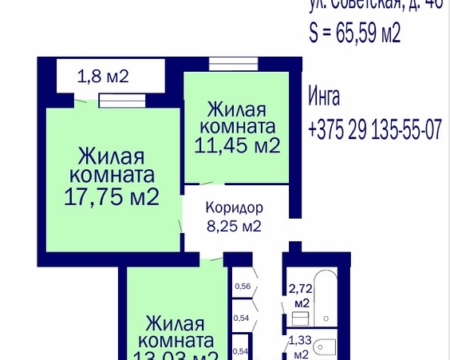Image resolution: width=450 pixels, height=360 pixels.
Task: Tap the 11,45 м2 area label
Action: click(237, 145)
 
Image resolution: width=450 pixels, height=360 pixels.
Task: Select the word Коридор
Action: click(234, 208)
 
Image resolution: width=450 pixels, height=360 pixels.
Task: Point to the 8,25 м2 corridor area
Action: click(234, 226)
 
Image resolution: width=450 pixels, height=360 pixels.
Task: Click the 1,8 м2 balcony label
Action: click(103, 77)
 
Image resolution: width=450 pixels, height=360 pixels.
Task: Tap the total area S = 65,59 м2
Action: click(354, 33)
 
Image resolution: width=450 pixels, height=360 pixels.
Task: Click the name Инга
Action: click(324, 97)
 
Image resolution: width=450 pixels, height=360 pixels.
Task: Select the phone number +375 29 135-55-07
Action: click(373, 130)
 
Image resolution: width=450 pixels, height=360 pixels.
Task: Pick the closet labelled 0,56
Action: click(242, 287)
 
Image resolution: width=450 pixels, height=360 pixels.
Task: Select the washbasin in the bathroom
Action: click(300, 318)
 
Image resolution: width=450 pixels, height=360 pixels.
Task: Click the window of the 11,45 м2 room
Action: click(233, 63)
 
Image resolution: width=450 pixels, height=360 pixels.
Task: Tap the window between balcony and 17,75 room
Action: click(122, 101)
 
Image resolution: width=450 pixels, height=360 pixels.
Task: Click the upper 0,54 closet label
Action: click(240, 318)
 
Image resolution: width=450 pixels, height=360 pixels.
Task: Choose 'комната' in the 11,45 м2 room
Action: click(237, 126)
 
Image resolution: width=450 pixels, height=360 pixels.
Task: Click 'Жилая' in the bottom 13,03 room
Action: click(176, 325)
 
